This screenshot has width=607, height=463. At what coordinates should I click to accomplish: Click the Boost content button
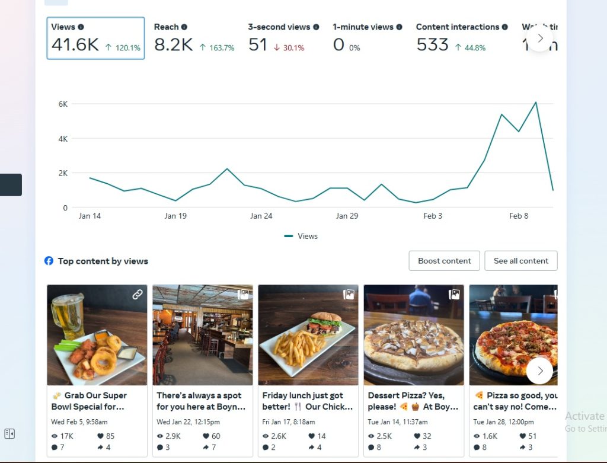click(444, 261)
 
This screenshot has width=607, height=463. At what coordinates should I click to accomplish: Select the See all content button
click(521, 261)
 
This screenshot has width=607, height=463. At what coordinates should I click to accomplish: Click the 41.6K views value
click(75, 45)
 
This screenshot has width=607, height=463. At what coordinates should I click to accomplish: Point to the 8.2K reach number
click(173, 45)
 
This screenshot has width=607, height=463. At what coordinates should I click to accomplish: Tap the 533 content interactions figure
click(432, 45)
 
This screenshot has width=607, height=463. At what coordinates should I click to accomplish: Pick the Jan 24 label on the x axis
click(261, 216)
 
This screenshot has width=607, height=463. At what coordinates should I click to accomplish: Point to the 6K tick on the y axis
click(63, 104)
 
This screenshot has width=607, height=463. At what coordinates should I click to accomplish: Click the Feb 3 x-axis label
click(433, 216)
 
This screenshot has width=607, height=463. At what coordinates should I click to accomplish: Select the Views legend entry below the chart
click(301, 236)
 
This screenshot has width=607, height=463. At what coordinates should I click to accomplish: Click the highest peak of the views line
click(536, 103)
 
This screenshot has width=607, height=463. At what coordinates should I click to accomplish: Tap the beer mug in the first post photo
click(67, 315)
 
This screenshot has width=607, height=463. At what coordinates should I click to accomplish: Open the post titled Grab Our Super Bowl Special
click(89, 401)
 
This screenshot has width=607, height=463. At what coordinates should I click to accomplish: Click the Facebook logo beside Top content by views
click(49, 261)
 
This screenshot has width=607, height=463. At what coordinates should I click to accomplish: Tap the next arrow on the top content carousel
click(539, 371)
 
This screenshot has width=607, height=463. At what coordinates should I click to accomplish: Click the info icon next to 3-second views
click(316, 27)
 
